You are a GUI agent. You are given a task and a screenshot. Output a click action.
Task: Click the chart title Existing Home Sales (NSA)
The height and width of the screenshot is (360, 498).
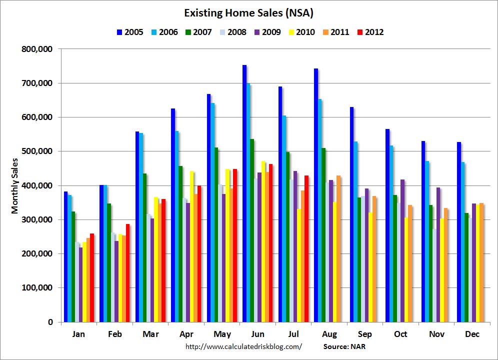pos(249,12)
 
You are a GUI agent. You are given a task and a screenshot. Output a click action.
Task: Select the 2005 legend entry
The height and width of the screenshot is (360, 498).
pos(128,32)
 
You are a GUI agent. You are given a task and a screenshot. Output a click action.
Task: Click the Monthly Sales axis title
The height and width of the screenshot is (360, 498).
pos(15,185)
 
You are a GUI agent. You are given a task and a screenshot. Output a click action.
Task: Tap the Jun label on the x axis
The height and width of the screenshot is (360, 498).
pos(257,334)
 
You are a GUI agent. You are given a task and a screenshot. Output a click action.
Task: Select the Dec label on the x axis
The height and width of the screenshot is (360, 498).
pos(472,334)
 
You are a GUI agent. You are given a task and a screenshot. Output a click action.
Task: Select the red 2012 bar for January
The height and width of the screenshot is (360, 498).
pos(92,277)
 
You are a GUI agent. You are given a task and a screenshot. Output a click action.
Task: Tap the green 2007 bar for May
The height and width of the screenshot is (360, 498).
pos(216,234)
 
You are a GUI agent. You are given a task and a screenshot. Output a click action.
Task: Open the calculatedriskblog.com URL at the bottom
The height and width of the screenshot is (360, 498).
pos(243,346)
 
